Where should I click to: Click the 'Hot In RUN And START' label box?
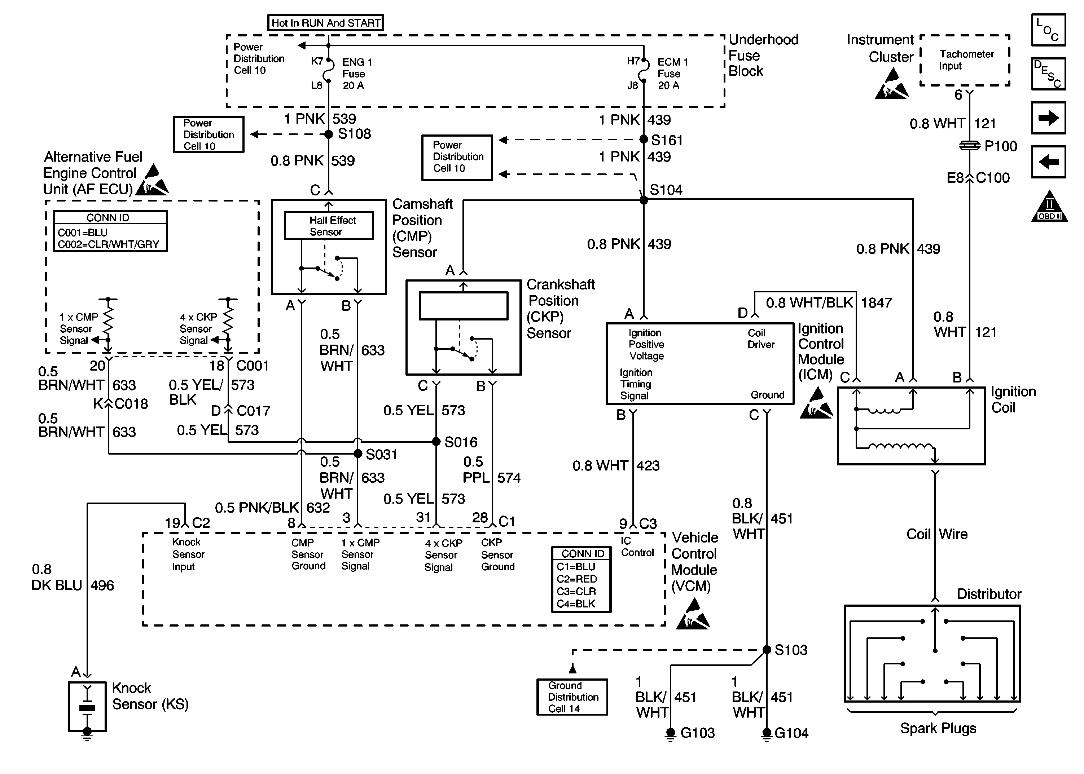pyautogui.click(x=325, y=22)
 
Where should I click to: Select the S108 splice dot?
pyautogui.click(x=329, y=134)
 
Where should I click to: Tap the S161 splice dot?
pyautogui.click(x=643, y=139)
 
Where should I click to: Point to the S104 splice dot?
pyautogui.click(x=643, y=200)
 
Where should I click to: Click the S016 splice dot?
pyautogui.click(x=436, y=442)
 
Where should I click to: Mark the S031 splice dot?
pyautogui.click(x=358, y=454)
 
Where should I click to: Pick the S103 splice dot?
pyautogui.click(x=767, y=650)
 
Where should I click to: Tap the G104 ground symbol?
pyautogui.click(x=767, y=734)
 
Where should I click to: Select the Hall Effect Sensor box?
pyautogui.click(x=329, y=225)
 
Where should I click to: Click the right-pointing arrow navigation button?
pyautogui.click(x=1048, y=118)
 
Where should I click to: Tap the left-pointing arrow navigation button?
pyautogui.click(x=1048, y=162)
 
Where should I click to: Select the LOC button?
pyautogui.click(x=1048, y=30)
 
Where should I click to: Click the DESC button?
pyautogui.click(x=1048, y=74)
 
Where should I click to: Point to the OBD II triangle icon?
pyautogui.click(x=1049, y=207)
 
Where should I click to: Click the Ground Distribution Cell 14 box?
pyautogui.click(x=572, y=697)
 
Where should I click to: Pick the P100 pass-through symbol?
pyautogui.click(x=970, y=146)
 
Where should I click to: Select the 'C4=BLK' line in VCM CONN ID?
pyautogui.click(x=576, y=604)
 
